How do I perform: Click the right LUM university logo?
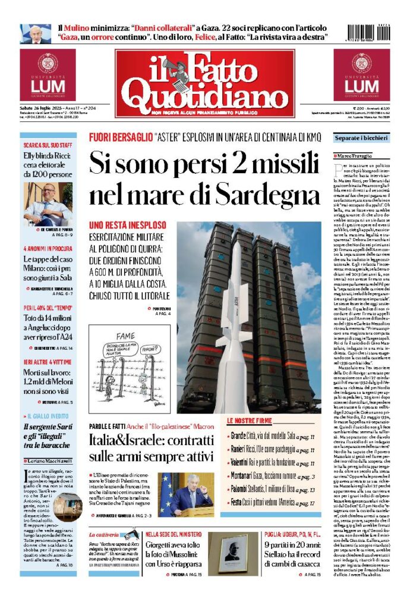tap(361, 76)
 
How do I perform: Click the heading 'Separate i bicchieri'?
tap(361, 139)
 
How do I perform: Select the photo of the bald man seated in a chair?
tap(48, 204)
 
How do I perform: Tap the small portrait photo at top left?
tap(36, 33)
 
